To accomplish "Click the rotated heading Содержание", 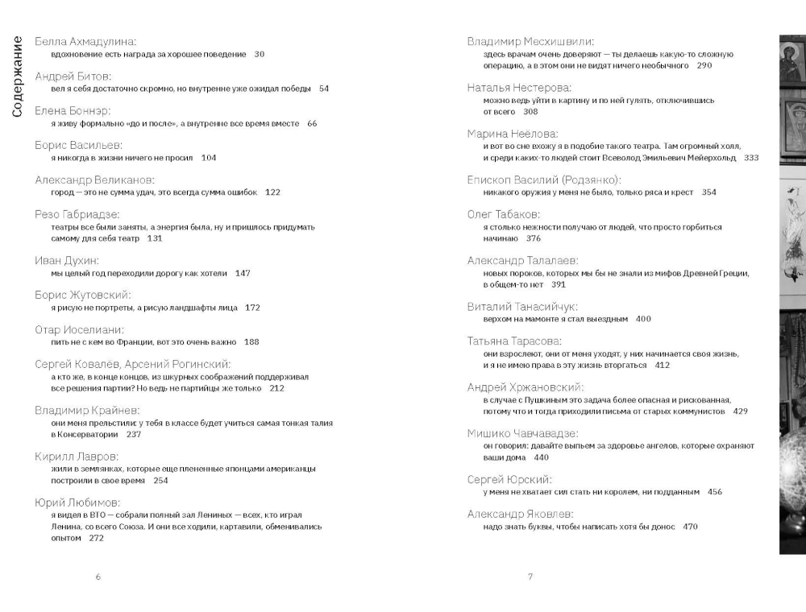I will pos(17,76).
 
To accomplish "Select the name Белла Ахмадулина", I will pos(86,41).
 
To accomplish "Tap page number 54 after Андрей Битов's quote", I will pos(323,89).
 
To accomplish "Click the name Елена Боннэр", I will pos(73,110).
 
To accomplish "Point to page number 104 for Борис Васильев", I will pos(208,158).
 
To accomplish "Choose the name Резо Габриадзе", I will pos(77,214).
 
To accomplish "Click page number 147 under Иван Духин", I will pos(243,273).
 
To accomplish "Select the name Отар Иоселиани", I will pos(79,329).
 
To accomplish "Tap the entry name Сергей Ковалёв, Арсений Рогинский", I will pos(133,364).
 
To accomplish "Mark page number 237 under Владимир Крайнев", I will pos(134,434).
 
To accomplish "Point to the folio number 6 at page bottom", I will pos(98,577).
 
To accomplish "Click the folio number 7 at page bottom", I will pos(530,577).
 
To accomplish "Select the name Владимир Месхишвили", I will pos(531,41).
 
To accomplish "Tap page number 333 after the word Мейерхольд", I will pos(751,158).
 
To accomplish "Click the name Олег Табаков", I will pos(504,214).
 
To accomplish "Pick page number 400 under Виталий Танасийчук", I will pos(643,319).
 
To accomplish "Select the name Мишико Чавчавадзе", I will pos(522,433).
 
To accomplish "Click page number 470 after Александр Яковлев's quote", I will pos(690,527).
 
